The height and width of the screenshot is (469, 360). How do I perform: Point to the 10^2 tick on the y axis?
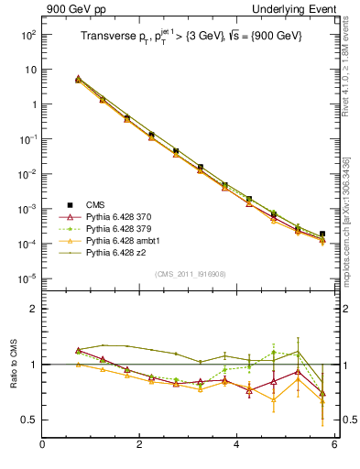[27, 35]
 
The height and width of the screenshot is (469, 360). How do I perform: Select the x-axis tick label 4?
[237, 445]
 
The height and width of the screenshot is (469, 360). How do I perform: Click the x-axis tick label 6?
[334, 445]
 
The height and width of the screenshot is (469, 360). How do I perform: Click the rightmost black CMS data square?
[322, 234]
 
